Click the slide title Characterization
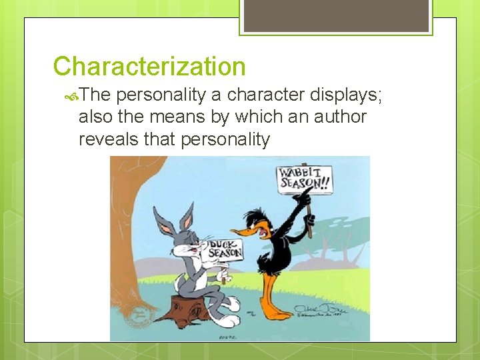[149, 67]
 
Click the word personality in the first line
[156, 96]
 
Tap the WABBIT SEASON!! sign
[304, 179]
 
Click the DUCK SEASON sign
[222, 249]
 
